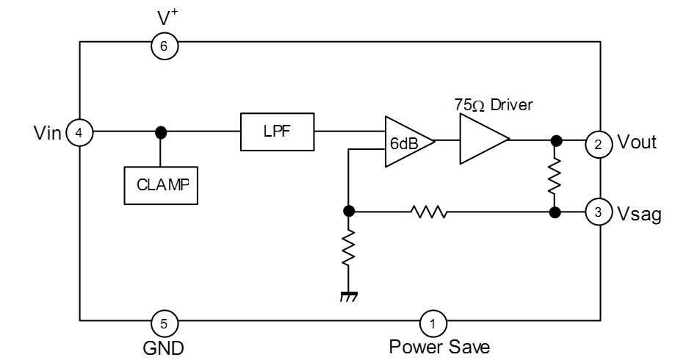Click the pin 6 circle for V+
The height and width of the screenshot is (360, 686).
pos(164,46)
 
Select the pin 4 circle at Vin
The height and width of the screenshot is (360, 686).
pos(79,133)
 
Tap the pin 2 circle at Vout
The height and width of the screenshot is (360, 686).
pos(599,144)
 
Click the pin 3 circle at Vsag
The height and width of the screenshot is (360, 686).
pos(599,213)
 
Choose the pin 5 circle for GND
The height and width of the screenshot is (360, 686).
pos(164,322)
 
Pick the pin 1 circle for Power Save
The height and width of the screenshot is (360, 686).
pos(433,322)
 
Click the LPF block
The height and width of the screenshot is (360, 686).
pos(277,132)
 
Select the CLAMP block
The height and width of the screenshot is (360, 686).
pos(161,184)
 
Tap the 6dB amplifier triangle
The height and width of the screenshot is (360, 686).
pos(406,140)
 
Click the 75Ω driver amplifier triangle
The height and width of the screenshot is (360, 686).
pos(481,140)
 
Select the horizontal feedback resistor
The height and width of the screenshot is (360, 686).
pos(429,212)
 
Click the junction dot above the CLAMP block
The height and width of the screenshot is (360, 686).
pos(161,133)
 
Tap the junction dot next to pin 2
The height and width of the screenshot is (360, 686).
pos(556,140)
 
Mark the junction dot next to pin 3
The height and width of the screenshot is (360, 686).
pos(556,212)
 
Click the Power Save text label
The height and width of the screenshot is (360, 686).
pos(438,346)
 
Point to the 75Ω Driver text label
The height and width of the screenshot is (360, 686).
pos(493,105)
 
